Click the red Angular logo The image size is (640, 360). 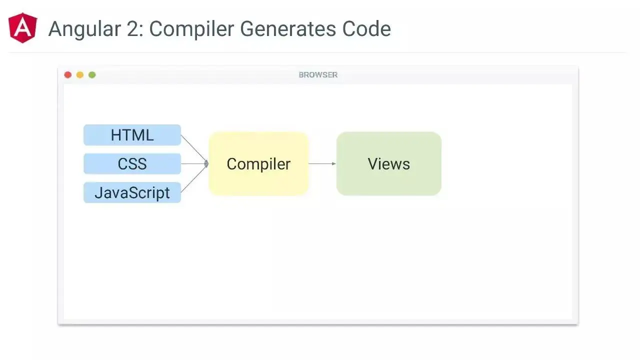[x=22, y=28]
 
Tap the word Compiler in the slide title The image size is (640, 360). [x=191, y=29]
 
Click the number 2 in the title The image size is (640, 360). [x=134, y=29]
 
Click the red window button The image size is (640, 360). [x=68, y=75]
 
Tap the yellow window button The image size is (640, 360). [x=80, y=75]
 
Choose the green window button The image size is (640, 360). [x=92, y=75]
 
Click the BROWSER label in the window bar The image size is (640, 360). [x=318, y=75]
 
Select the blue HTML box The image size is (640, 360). [x=132, y=135]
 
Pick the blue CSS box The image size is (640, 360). [x=132, y=164]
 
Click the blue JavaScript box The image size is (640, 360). [x=132, y=193]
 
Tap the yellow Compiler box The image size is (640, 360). [x=258, y=163]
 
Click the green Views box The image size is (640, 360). [x=389, y=163]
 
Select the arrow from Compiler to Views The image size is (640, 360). [x=322, y=163]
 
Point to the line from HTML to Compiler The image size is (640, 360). [x=194, y=149]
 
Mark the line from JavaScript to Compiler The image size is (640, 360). [x=194, y=178]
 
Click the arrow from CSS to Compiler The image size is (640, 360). [x=194, y=163]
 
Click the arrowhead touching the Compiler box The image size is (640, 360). [x=206, y=163]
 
